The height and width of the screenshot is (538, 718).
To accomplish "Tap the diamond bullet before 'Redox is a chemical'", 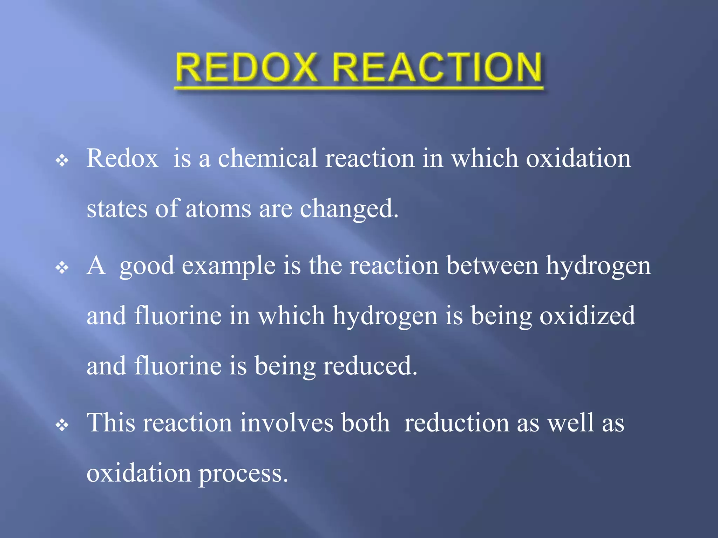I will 62,161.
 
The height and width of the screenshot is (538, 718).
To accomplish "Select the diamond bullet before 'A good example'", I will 62,268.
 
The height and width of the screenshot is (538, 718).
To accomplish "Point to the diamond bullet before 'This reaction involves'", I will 62,425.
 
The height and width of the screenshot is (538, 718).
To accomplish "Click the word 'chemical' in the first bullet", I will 267,158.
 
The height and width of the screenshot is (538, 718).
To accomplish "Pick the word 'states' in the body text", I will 117,209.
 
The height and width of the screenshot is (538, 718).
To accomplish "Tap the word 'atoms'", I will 218,209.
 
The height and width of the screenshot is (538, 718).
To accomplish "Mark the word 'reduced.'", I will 370,366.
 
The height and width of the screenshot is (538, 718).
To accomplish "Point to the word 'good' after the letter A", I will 147,266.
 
